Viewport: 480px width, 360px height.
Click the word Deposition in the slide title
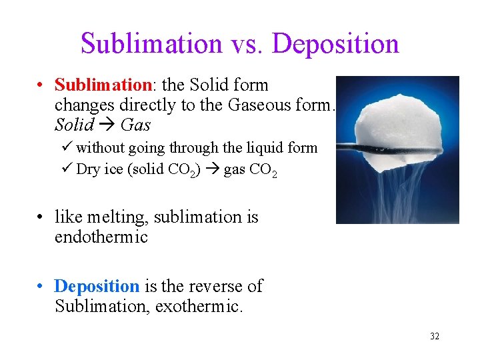336,44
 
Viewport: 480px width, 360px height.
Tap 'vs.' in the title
248,44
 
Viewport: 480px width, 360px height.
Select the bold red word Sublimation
103,85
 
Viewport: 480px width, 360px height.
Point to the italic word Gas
135,125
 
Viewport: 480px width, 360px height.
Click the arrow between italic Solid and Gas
109,125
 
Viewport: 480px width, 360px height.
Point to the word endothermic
101,237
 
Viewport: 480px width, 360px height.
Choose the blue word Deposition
97,286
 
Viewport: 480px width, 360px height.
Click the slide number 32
435,336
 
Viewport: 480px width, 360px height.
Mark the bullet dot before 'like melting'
41,217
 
